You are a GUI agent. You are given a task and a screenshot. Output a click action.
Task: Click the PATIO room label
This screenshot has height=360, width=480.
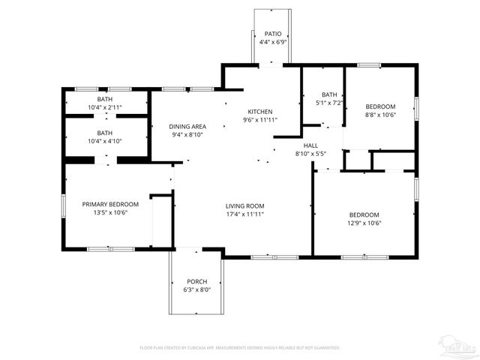272,34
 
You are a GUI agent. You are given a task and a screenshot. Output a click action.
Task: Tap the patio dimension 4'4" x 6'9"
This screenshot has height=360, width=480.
272,43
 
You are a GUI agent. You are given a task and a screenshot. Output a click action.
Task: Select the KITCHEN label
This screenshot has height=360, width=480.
260,111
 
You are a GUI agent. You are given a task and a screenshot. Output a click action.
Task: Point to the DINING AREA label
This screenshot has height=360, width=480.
187,126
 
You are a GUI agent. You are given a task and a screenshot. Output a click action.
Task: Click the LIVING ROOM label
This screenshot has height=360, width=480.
245,205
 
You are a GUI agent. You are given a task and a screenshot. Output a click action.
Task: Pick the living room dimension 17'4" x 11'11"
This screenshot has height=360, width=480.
245,214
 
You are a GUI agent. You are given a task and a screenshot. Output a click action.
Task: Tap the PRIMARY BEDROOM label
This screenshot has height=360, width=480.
110,204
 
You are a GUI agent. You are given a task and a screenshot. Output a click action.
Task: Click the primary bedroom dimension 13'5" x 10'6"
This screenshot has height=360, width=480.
110,212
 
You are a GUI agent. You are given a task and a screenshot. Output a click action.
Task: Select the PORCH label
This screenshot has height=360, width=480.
196,281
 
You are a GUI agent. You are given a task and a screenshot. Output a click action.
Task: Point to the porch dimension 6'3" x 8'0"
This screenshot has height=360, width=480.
196,289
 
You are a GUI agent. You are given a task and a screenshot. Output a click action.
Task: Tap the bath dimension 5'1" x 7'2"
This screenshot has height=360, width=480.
330,102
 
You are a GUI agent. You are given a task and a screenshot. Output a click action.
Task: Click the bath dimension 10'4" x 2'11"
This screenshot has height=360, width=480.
105,107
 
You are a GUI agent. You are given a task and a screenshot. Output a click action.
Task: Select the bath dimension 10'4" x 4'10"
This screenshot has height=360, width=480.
105,141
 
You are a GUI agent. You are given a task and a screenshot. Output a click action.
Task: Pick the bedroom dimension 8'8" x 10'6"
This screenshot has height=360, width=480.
380,115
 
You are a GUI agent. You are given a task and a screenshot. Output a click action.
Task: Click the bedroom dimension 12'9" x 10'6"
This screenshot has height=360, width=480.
364,223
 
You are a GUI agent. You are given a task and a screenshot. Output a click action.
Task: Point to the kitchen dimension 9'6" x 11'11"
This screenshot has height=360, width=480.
260,120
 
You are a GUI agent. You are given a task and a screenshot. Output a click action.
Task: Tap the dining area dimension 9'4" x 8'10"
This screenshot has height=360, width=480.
187,135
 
